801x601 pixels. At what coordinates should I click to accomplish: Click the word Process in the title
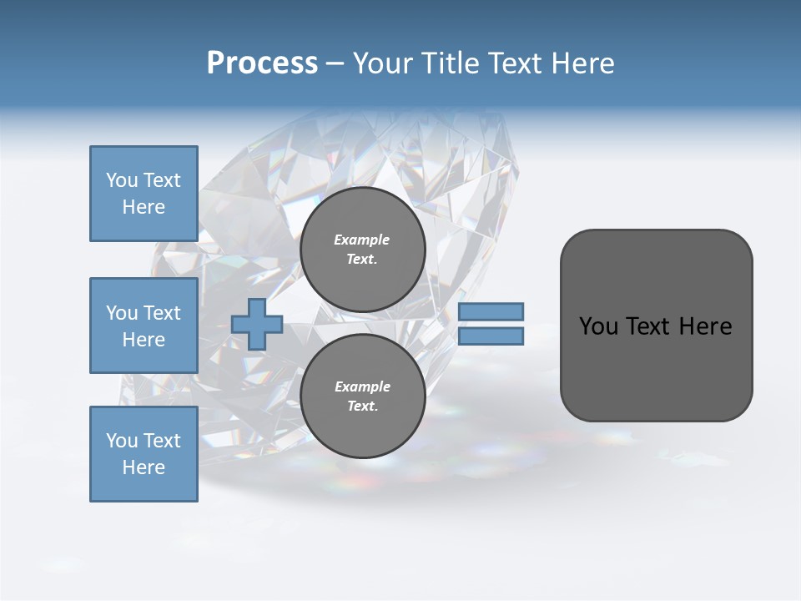pos(262,63)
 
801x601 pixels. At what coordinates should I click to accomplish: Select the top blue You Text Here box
pos(144,194)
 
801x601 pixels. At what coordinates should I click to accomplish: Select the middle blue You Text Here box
pos(144,326)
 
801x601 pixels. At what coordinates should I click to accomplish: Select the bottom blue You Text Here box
pos(144,454)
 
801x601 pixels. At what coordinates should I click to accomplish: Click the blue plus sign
pos(257,324)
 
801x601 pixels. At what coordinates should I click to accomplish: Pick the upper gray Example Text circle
pos(362,250)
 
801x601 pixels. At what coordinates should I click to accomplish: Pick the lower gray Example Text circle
pos(362,396)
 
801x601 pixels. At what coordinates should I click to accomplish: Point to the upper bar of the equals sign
pos(491,311)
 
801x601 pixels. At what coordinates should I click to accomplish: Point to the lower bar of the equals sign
pos(491,336)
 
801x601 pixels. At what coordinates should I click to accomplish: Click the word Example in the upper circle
pos(362,240)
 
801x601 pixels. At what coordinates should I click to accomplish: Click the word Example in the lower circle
pos(362,386)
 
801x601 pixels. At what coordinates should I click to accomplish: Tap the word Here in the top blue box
pos(144,207)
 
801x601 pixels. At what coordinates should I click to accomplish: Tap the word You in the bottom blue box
pos(122,441)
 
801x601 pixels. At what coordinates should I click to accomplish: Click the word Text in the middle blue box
pos(162,313)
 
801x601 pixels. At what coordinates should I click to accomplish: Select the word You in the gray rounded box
pos(598,326)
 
